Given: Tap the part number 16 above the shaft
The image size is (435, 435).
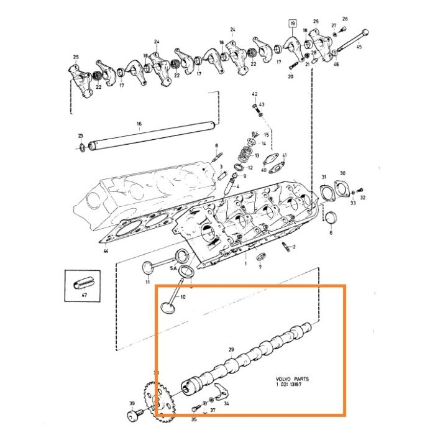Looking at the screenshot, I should click(139, 124).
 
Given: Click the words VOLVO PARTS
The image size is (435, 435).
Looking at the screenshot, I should click(292, 378).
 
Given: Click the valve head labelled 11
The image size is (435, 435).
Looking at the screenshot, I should click(148, 268).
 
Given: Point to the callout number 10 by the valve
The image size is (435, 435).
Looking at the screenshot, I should click(183, 297).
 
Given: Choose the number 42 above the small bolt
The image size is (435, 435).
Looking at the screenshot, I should click(254, 93).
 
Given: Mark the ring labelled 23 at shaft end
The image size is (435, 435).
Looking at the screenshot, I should click(82, 147).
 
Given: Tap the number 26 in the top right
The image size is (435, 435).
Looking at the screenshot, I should click(345, 19).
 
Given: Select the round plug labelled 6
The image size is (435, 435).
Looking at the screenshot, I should click(331, 217).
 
